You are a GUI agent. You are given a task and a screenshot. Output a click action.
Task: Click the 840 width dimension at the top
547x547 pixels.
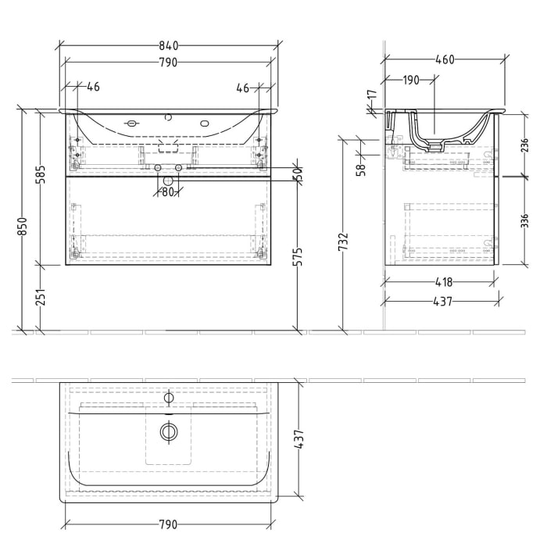coord(168,45)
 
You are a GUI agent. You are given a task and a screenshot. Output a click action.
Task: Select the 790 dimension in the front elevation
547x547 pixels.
coord(168,62)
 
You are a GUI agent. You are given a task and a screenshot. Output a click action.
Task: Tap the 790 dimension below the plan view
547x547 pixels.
coord(168,524)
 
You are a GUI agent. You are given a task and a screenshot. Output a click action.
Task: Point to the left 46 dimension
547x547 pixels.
coord(93,88)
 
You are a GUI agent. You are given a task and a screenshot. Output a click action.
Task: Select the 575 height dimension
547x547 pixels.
coord(296,259)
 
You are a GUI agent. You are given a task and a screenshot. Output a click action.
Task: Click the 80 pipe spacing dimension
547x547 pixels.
coord(167,191)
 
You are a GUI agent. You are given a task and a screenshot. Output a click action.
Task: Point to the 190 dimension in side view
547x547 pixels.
coord(411,80)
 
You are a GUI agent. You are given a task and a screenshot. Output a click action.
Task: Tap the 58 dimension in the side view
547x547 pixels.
coord(361,169)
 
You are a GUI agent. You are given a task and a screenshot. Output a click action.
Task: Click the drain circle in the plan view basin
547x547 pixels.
coord(167,431)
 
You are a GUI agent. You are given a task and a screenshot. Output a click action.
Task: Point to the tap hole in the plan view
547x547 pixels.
coord(167,398)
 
